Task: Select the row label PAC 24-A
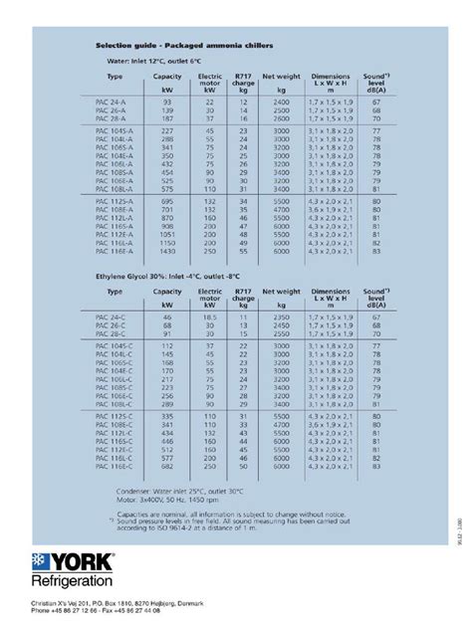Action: click(x=121, y=102)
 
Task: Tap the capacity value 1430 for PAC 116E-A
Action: click(x=166, y=252)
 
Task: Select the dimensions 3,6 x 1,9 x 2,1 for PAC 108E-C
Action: click(x=329, y=412)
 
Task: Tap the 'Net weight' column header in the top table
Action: click(x=282, y=76)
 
